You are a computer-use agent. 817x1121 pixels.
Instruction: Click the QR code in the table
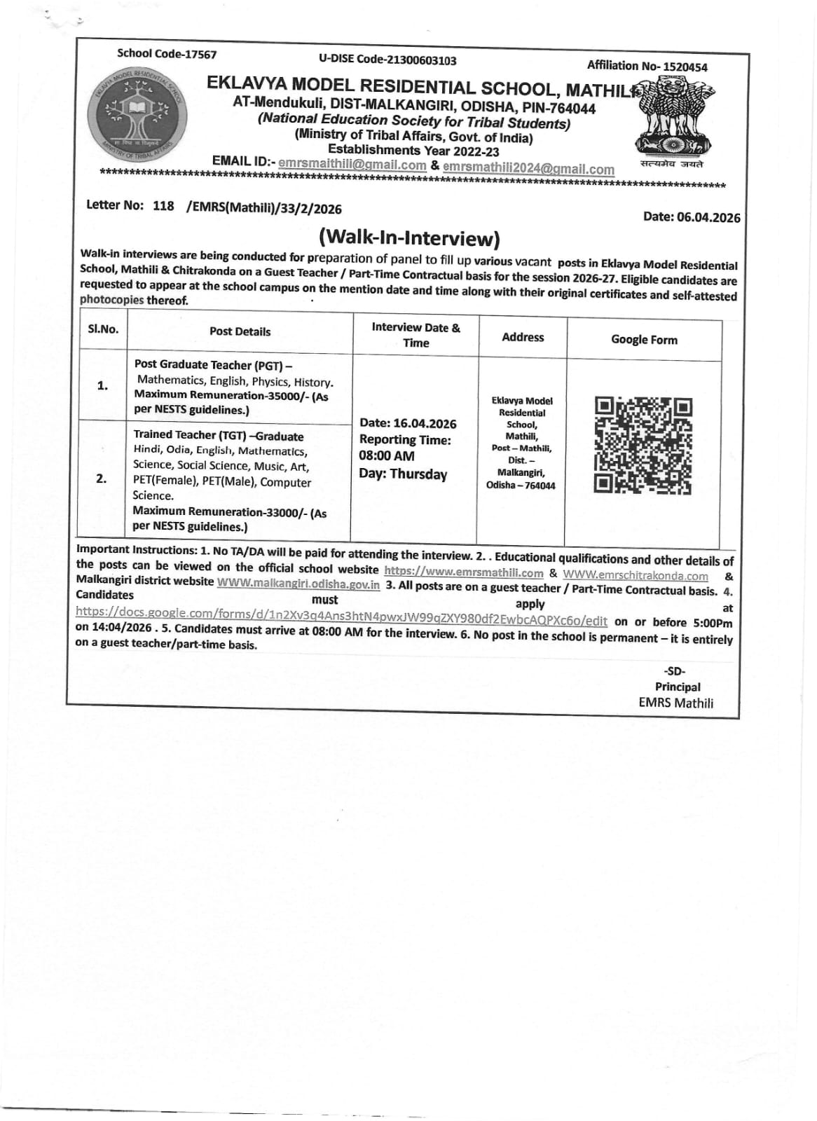[x=643, y=446]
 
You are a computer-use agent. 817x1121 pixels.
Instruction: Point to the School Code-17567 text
[x=167, y=54]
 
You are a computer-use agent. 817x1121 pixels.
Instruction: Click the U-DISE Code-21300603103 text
[x=387, y=60]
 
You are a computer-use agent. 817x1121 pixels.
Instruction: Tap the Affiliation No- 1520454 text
[x=647, y=67]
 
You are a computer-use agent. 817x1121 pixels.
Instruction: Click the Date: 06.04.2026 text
[x=692, y=217]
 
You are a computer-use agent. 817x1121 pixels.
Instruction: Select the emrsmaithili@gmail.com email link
[x=352, y=165]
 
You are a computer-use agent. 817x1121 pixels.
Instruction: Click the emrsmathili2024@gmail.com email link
[x=528, y=169]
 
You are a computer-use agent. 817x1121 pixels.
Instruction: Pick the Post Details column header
[x=240, y=331]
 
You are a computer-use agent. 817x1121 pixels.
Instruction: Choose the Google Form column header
[x=644, y=340]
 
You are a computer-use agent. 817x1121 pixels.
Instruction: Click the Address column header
[x=523, y=337]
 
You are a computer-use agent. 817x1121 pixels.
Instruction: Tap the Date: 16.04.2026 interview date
[x=407, y=423]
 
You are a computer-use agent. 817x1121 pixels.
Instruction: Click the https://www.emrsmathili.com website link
[x=464, y=572]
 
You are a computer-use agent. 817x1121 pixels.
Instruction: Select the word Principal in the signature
[x=677, y=687]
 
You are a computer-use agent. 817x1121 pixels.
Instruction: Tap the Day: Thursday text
[x=403, y=474]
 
